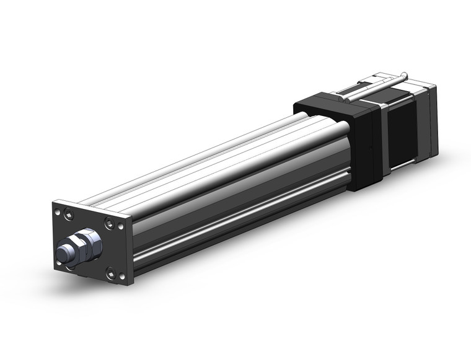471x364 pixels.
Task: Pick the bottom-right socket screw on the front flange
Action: [110, 271]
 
